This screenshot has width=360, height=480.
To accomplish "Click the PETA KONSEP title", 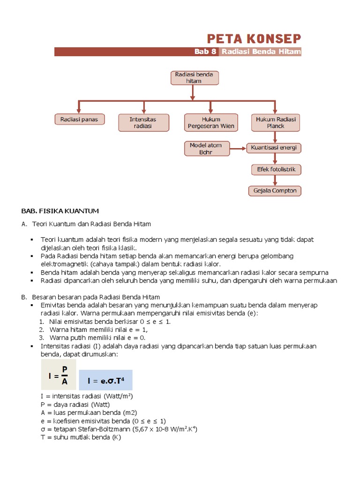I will click(x=254, y=38).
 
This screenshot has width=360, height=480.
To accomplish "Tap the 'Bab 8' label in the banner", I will click(x=205, y=52).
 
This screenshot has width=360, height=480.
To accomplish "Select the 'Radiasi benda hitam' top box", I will click(x=194, y=78).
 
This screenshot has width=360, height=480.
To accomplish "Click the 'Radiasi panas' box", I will click(x=79, y=120).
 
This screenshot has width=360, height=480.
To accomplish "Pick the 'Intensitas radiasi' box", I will click(x=143, y=123).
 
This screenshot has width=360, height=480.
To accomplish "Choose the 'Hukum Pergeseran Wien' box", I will click(x=210, y=123).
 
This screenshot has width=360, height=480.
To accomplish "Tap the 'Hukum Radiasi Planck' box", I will click(x=276, y=123).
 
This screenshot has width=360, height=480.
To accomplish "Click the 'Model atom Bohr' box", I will click(x=206, y=149).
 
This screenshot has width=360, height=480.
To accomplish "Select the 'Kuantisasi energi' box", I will click(x=274, y=148).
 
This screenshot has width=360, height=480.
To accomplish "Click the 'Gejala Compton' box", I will click(x=275, y=191).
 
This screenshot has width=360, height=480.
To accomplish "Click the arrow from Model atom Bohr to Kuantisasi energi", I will click(x=238, y=149).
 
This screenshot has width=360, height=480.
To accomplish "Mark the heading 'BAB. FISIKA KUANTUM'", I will click(x=60, y=211).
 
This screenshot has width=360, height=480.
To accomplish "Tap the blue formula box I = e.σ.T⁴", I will click(x=105, y=380).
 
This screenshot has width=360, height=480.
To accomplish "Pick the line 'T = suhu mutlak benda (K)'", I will click(x=81, y=437).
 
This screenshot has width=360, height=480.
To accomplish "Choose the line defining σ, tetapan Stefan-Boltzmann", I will click(x=119, y=429).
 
